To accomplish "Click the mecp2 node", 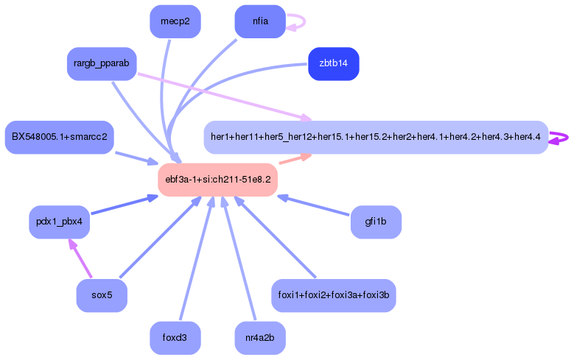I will (x=175, y=21).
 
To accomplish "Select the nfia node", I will (x=260, y=21).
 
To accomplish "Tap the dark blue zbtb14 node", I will (x=334, y=63).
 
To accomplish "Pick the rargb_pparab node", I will (x=102, y=64).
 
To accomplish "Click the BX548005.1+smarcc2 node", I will (x=59, y=137).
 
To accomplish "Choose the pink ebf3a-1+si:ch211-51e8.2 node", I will (x=217, y=180).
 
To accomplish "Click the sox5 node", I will (x=102, y=295).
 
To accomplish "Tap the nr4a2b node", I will (x=260, y=338).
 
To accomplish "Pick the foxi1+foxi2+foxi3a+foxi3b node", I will (x=334, y=295).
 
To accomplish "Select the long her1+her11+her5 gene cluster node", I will (x=376, y=137).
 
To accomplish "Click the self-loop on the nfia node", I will (x=298, y=21).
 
